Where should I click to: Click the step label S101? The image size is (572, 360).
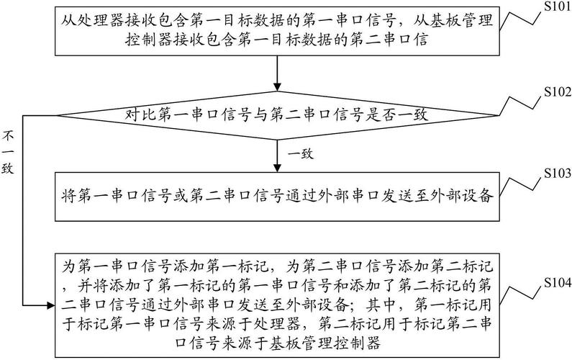557,7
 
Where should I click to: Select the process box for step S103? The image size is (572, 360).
277,197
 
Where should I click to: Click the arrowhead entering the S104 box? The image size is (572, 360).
51,305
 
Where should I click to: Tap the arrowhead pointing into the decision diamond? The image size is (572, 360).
277,87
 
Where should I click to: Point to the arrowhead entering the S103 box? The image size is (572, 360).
277,168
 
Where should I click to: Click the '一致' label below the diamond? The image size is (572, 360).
301,153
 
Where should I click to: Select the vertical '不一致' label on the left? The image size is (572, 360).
8,152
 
